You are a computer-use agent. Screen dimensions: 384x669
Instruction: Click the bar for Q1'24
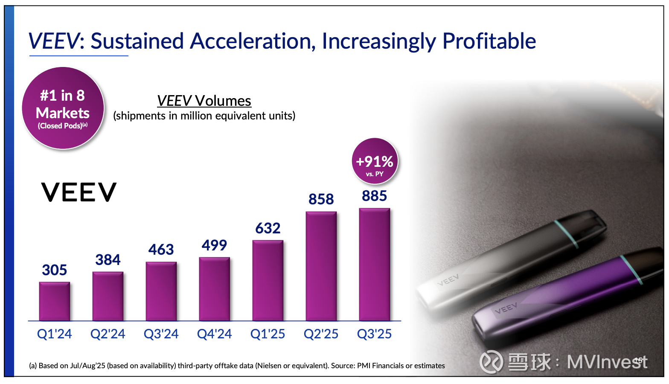tap(55, 301)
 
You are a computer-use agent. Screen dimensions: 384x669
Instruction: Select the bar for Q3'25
tap(375, 265)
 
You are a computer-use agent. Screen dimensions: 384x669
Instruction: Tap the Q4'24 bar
tap(215, 289)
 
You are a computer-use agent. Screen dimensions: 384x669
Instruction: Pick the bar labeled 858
tap(321, 266)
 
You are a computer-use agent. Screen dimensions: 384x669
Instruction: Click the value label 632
tap(268, 229)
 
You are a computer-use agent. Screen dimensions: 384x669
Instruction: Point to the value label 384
tap(108, 260)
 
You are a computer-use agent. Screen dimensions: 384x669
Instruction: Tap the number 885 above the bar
tap(375, 196)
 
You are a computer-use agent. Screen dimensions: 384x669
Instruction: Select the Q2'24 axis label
tap(108, 334)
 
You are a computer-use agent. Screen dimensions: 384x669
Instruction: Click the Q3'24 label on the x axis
tap(161, 334)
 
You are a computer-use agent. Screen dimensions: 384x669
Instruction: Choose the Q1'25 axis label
tap(268, 334)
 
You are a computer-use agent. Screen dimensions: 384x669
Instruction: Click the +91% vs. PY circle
tap(375, 161)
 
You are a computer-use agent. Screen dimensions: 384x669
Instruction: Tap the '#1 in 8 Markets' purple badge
tap(63, 108)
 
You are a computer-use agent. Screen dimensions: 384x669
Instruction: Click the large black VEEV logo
tap(79, 192)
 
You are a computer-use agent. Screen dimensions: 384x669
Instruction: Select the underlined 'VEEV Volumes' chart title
tap(204, 101)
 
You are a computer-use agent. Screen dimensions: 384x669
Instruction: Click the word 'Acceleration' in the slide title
tap(253, 41)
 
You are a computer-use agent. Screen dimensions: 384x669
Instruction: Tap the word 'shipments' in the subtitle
tap(141, 116)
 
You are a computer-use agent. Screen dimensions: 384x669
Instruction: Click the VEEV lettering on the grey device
tap(448, 280)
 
